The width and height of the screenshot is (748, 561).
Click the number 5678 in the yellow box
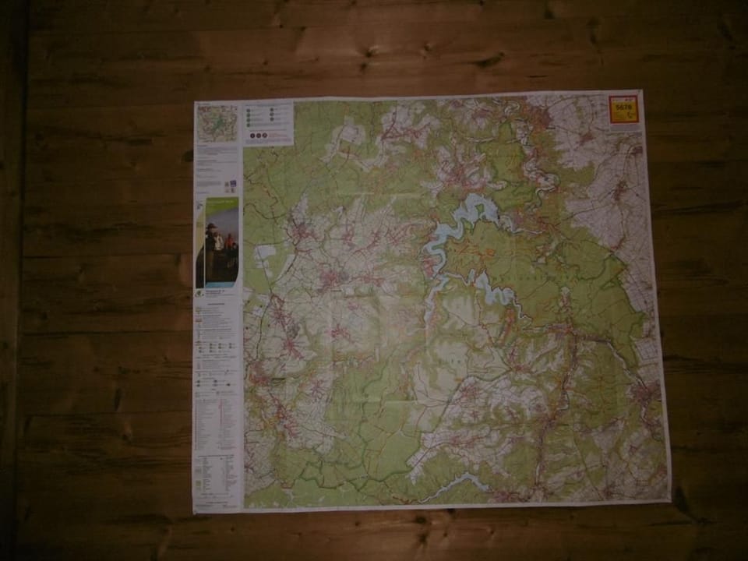coord(623,108)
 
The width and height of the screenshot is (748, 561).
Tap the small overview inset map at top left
coord(217,123)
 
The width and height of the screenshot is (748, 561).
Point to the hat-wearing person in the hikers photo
coord(210,234)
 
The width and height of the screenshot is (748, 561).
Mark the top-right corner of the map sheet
coord(640,92)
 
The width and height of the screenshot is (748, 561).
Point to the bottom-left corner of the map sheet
coord(193,512)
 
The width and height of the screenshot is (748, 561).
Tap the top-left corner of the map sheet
coord(195,102)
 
